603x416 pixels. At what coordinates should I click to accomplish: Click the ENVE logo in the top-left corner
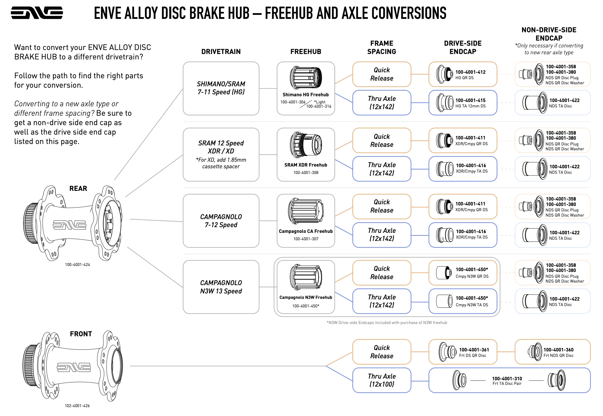(37, 13)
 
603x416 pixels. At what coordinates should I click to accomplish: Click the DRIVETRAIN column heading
(221, 52)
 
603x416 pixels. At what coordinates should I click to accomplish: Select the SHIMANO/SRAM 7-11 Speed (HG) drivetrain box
(221, 88)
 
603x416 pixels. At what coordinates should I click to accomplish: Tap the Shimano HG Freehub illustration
(306, 77)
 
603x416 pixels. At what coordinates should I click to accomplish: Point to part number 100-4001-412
(470, 72)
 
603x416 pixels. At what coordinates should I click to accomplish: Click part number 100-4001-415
(470, 100)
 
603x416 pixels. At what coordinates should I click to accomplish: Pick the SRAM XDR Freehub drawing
(306, 145)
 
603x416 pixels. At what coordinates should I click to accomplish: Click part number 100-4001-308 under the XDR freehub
(306, 173)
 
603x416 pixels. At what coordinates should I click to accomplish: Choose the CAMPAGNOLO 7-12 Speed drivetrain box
(221, 221)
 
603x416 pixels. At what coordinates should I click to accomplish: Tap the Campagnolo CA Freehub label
(306, 231)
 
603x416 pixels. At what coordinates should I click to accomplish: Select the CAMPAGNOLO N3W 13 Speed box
(221, 287)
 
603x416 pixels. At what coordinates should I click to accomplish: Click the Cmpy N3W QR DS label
(472, 276)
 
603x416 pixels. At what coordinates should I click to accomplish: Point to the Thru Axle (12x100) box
(382, 380)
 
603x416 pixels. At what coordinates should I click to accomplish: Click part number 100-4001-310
(507, 378)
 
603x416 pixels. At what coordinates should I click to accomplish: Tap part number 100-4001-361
(474, 350)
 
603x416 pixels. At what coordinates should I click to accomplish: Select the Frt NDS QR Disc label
(558, 355)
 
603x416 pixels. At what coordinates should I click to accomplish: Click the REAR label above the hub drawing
(78, 189)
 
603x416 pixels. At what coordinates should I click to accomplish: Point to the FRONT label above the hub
(81, 334)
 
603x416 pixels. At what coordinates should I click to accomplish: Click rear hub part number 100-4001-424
(77, 265)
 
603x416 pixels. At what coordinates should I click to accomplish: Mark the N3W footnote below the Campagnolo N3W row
(387, 323)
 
